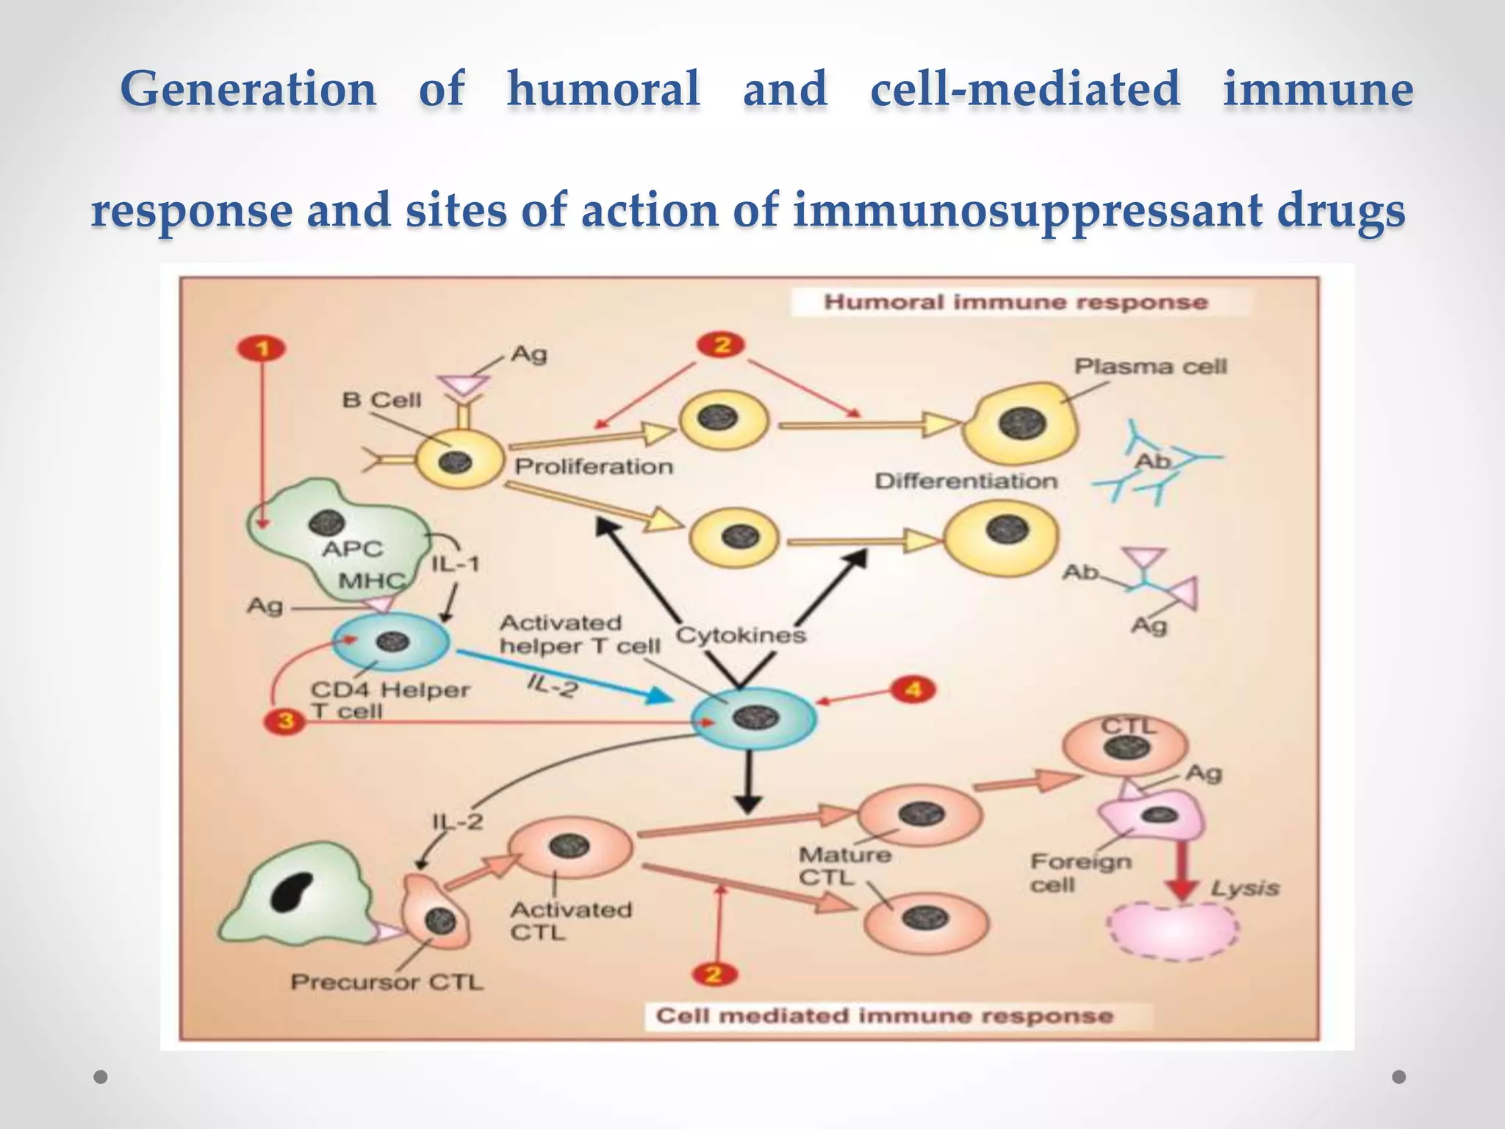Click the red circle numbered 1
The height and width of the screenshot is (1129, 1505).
(x=262, y=348)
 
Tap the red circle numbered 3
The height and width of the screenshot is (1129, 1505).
(x=285, y=721)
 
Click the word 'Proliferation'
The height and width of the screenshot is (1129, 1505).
(x=594, y=467)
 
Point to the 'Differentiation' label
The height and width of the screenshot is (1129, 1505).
(x=966, y=481)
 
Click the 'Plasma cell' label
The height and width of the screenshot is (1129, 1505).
(x=1150, y=366)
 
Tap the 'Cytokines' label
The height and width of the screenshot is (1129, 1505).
(x=741, y=634)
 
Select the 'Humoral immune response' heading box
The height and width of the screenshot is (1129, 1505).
(x=1016, y=302)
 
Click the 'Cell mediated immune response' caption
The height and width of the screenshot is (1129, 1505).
(x=884, y=1016)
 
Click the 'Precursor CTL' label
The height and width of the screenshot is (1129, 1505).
(x=387, y=982)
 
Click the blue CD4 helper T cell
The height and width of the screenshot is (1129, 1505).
(x=390, y=642)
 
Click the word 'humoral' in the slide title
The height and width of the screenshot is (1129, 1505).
(x=603, y=90)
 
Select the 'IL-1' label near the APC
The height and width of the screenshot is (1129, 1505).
(x=455, y=564)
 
